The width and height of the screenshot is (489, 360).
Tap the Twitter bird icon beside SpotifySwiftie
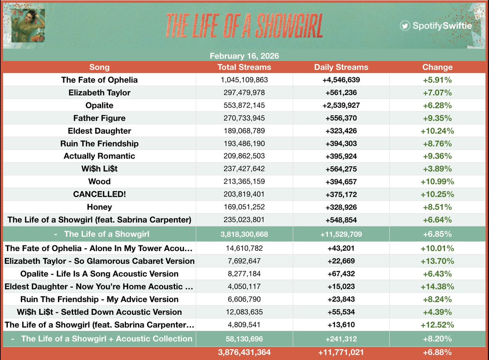pos(405,26)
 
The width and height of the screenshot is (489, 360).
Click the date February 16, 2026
pos(244,56)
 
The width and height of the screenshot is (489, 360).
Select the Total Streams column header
pos(244,67)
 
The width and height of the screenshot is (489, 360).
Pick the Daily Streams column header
pos(341,67)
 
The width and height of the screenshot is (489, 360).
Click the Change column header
pos(437,67)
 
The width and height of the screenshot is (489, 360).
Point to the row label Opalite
pos(100,106)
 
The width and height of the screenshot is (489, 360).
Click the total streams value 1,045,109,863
pos(244,80)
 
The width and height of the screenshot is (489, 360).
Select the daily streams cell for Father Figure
pos(341,118)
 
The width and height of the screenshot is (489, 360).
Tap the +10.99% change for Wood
pos(437,182)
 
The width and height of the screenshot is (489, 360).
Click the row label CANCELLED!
pos(100,194)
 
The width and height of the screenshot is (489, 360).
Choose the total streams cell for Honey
pos(244,207)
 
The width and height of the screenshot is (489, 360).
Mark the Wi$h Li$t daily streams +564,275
pos(341,169)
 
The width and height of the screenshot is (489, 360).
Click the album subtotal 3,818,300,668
pos(244,234)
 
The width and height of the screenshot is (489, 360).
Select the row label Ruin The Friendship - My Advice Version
pos(100,299)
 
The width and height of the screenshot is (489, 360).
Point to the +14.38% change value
pos(437,287)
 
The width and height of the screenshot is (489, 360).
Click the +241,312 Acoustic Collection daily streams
pos(341,339)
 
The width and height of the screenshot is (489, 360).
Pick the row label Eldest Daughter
pos(100,131)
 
